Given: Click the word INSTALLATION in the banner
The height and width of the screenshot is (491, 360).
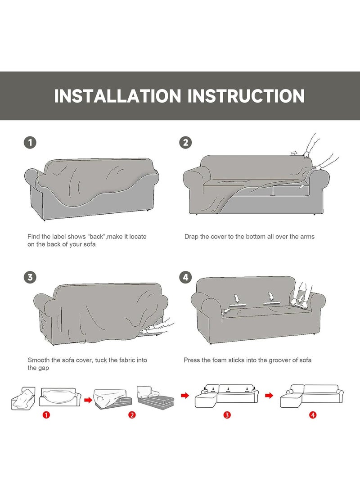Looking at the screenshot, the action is point(118,96).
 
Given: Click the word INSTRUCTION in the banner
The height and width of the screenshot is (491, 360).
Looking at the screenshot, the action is point(246,96).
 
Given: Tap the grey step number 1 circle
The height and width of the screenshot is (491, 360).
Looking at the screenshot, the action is point(30,143).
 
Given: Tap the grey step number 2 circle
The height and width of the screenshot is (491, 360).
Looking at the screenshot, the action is point(186,143).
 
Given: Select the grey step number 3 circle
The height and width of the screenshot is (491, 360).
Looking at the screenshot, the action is point(30,277).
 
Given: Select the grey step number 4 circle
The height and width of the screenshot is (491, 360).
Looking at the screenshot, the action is point(186,277).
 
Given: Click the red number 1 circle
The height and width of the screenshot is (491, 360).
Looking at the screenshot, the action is point(46,415).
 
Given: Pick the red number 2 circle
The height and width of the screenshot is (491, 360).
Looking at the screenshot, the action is point(132,415).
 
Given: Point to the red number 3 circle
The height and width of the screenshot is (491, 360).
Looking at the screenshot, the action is point(227,415).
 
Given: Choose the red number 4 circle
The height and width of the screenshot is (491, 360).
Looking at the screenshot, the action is point(313,415).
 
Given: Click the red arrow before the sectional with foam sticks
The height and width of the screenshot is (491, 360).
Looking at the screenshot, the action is point(185,396).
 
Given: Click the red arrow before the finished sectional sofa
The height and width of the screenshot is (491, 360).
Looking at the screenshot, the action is point(269,396).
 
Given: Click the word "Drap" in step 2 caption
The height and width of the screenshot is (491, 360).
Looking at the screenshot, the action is point(191,237).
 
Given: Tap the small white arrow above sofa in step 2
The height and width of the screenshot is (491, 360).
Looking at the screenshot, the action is point(294,153).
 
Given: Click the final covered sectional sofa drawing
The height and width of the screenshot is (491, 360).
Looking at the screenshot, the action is point(311,396).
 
